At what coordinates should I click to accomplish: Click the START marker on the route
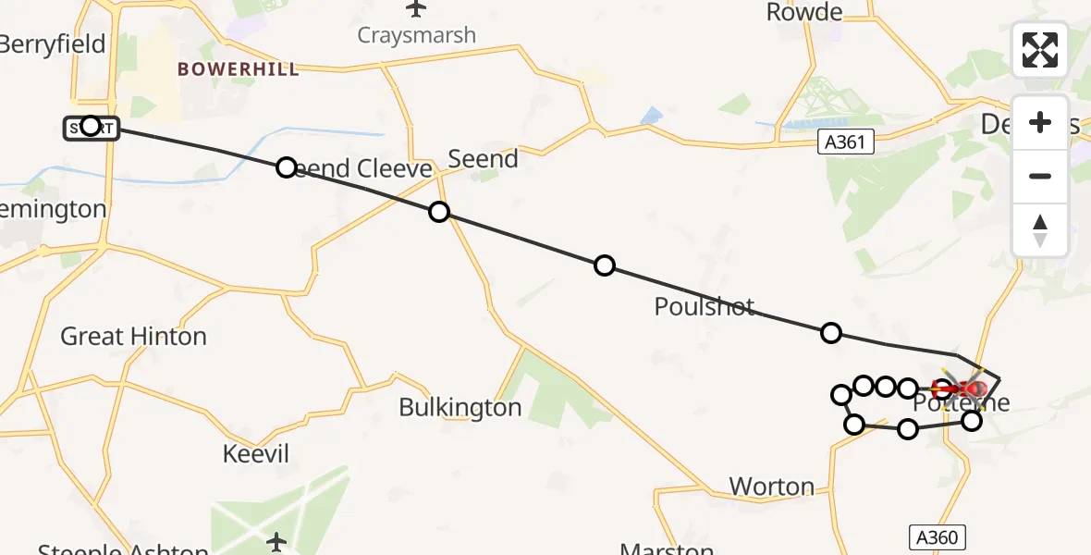click(90, 127)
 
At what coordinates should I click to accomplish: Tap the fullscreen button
click(1040, 50)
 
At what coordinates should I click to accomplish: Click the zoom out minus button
click(1040, 176)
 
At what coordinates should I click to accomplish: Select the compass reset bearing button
click(1040, 229)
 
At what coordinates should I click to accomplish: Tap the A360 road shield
click(937, 537)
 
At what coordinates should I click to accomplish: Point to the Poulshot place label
click(705, 307)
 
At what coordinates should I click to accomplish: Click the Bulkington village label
click(460, 407)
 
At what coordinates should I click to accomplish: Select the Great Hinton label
click(133, 337)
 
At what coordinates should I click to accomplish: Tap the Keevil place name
click(256, 454)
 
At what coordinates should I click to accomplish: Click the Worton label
click(772, 487)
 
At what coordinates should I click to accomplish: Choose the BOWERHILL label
click(239, 69)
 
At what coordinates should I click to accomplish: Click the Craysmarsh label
click(416, 36)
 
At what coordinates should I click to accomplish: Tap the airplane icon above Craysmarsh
click(416, 9)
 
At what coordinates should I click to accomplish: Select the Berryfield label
click(53, 44)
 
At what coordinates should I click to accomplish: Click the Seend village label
click(483, 159)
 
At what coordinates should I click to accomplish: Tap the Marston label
click(667, 549)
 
